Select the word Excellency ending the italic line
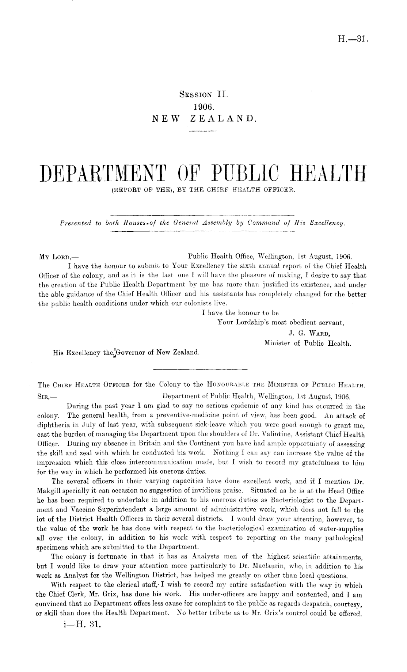326,223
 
